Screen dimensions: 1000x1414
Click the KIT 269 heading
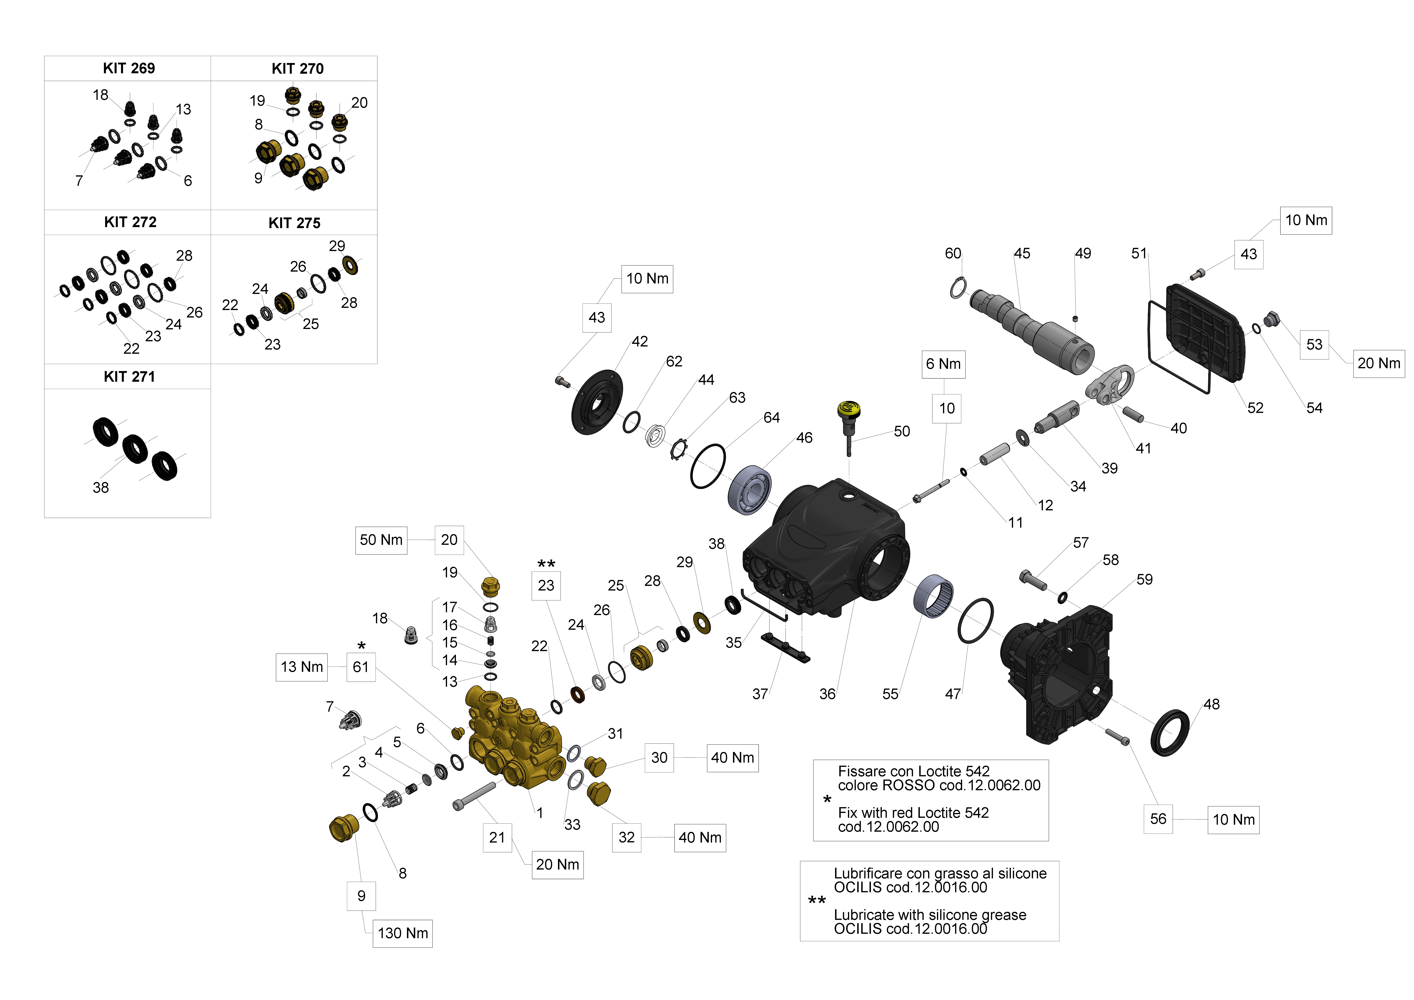tap(129, 68)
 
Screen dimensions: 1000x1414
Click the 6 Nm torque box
tap(943, 364)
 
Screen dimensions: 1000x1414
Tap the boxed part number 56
tap(1158, 819)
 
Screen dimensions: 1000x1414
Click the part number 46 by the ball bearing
tap(804, 438)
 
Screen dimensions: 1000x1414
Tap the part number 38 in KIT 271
tap(100, 488)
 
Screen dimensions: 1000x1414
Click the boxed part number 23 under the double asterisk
tap(546, 586)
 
